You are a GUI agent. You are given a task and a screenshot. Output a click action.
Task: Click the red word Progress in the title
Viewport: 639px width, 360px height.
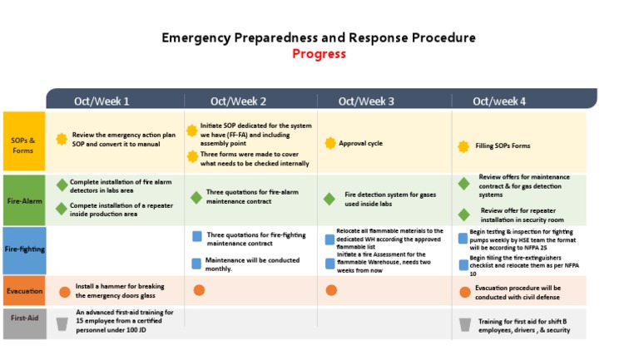319,54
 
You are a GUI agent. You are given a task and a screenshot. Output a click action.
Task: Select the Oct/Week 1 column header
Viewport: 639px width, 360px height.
102,101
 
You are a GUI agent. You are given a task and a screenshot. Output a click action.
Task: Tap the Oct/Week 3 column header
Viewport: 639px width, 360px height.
367,101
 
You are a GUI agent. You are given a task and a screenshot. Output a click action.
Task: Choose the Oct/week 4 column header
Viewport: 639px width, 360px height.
499,101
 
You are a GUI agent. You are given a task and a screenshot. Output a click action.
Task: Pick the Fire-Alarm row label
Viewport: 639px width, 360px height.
23,200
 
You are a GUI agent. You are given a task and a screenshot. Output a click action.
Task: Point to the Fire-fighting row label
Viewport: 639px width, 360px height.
24,249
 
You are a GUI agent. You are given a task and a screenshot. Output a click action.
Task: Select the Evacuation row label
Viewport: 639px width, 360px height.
23,292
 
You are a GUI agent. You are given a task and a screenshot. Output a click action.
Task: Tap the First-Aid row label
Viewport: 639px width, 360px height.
23,318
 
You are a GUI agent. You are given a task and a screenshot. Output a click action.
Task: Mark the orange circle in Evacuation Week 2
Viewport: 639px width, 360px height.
199,290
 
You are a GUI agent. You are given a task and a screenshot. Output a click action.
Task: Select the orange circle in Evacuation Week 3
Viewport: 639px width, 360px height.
331,290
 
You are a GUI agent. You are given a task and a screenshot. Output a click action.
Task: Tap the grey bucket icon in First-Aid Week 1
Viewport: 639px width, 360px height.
62,323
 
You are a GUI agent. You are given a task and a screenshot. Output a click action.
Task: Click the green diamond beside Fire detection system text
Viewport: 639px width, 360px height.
329,199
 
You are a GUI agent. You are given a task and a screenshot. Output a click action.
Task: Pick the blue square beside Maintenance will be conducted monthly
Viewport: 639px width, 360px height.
197,262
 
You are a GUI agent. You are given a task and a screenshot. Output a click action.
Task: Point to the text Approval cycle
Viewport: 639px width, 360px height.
360,144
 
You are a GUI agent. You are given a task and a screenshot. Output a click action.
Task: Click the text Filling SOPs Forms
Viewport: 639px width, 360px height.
503,146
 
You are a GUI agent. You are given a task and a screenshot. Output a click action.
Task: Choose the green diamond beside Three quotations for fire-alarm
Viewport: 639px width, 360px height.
196,197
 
